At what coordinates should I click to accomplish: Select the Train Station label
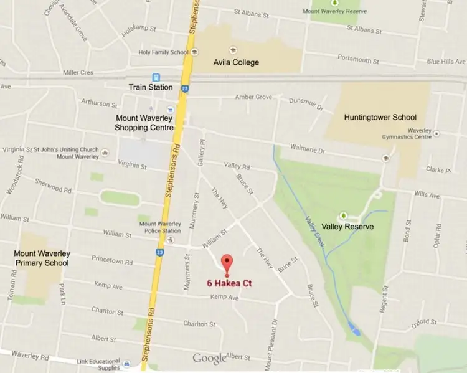click(x=151, y=87)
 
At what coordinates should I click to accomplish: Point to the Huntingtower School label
click(x=380, y=117)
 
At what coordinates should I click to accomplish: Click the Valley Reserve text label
click(x=347, y=227)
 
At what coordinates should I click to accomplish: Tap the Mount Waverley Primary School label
click(x=42, y=258)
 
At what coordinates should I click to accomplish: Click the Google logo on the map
click(x=209, y=358)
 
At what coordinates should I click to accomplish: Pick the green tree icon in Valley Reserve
click(x=342, y=214)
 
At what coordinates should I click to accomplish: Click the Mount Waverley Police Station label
click(x=160, y=227)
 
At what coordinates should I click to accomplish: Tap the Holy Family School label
click(x=164, y=52)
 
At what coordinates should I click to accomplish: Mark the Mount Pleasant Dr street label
click(x=274, y=342)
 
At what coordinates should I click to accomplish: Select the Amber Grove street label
click(x=253, y=97)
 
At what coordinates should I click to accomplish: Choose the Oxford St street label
click(x=423, y=322)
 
